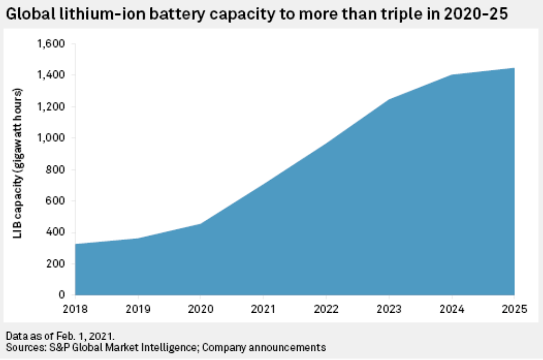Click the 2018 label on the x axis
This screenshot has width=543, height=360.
coord(75,309)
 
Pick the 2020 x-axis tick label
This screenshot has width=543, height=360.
coord(200,309)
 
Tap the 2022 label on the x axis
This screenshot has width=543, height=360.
coord(326,309)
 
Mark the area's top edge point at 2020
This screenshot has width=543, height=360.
coord(200,224)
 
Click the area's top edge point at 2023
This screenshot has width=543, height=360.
coord(389,99)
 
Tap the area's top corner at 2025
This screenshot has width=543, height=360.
coord(514,68)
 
